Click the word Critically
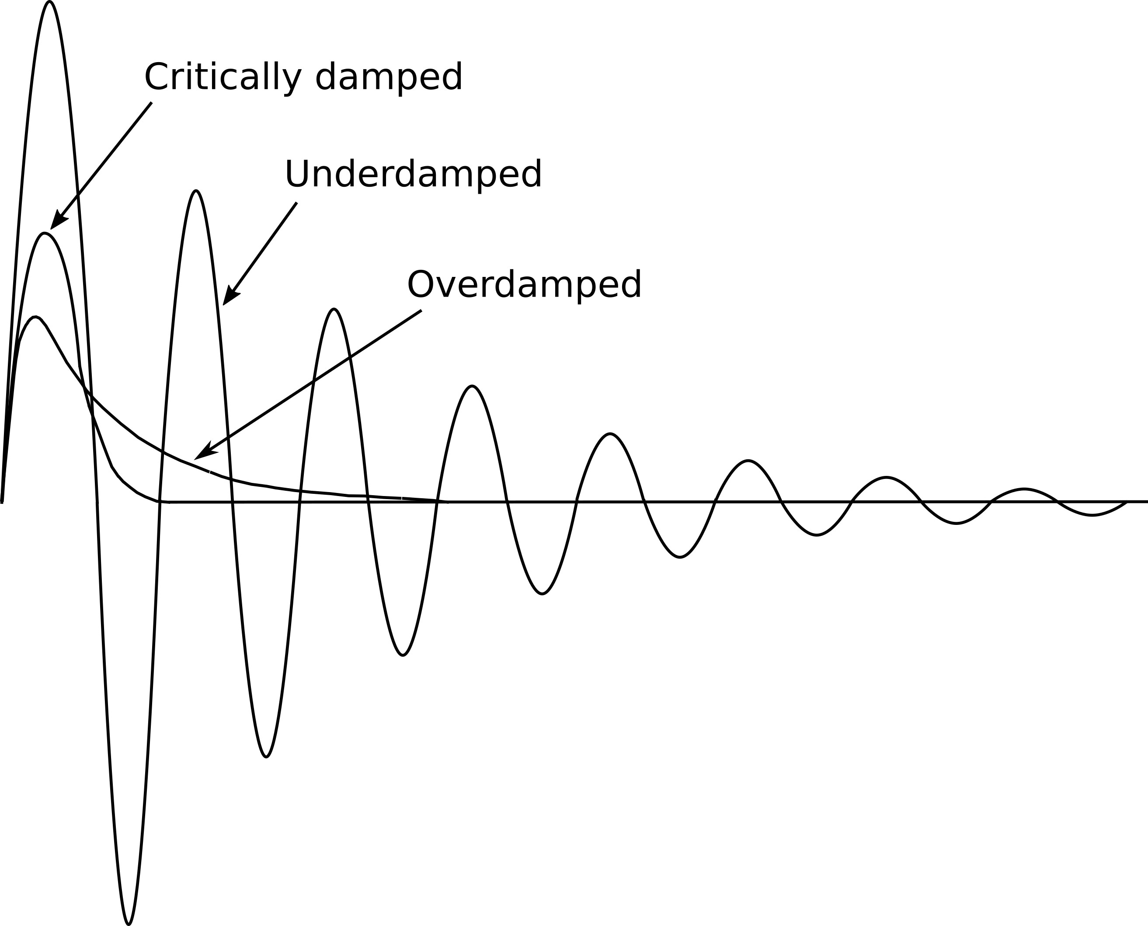(x=223, y=78)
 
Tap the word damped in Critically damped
(x=389, y=78)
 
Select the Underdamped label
(x=413, y=174)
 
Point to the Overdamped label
(x=524, y=284)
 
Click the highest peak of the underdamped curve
(x=49, y=2)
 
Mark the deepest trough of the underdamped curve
(x=129, y=923)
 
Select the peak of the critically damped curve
(x=45, y=234)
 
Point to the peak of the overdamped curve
(x=35, y=318)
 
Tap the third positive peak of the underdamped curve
(x=334, y=309)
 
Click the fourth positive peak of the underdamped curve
(x=472, y=386)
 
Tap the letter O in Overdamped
(x=421, y=284)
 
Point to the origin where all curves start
(x=2, y=502)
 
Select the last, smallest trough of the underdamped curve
(x=1092, y=515)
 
